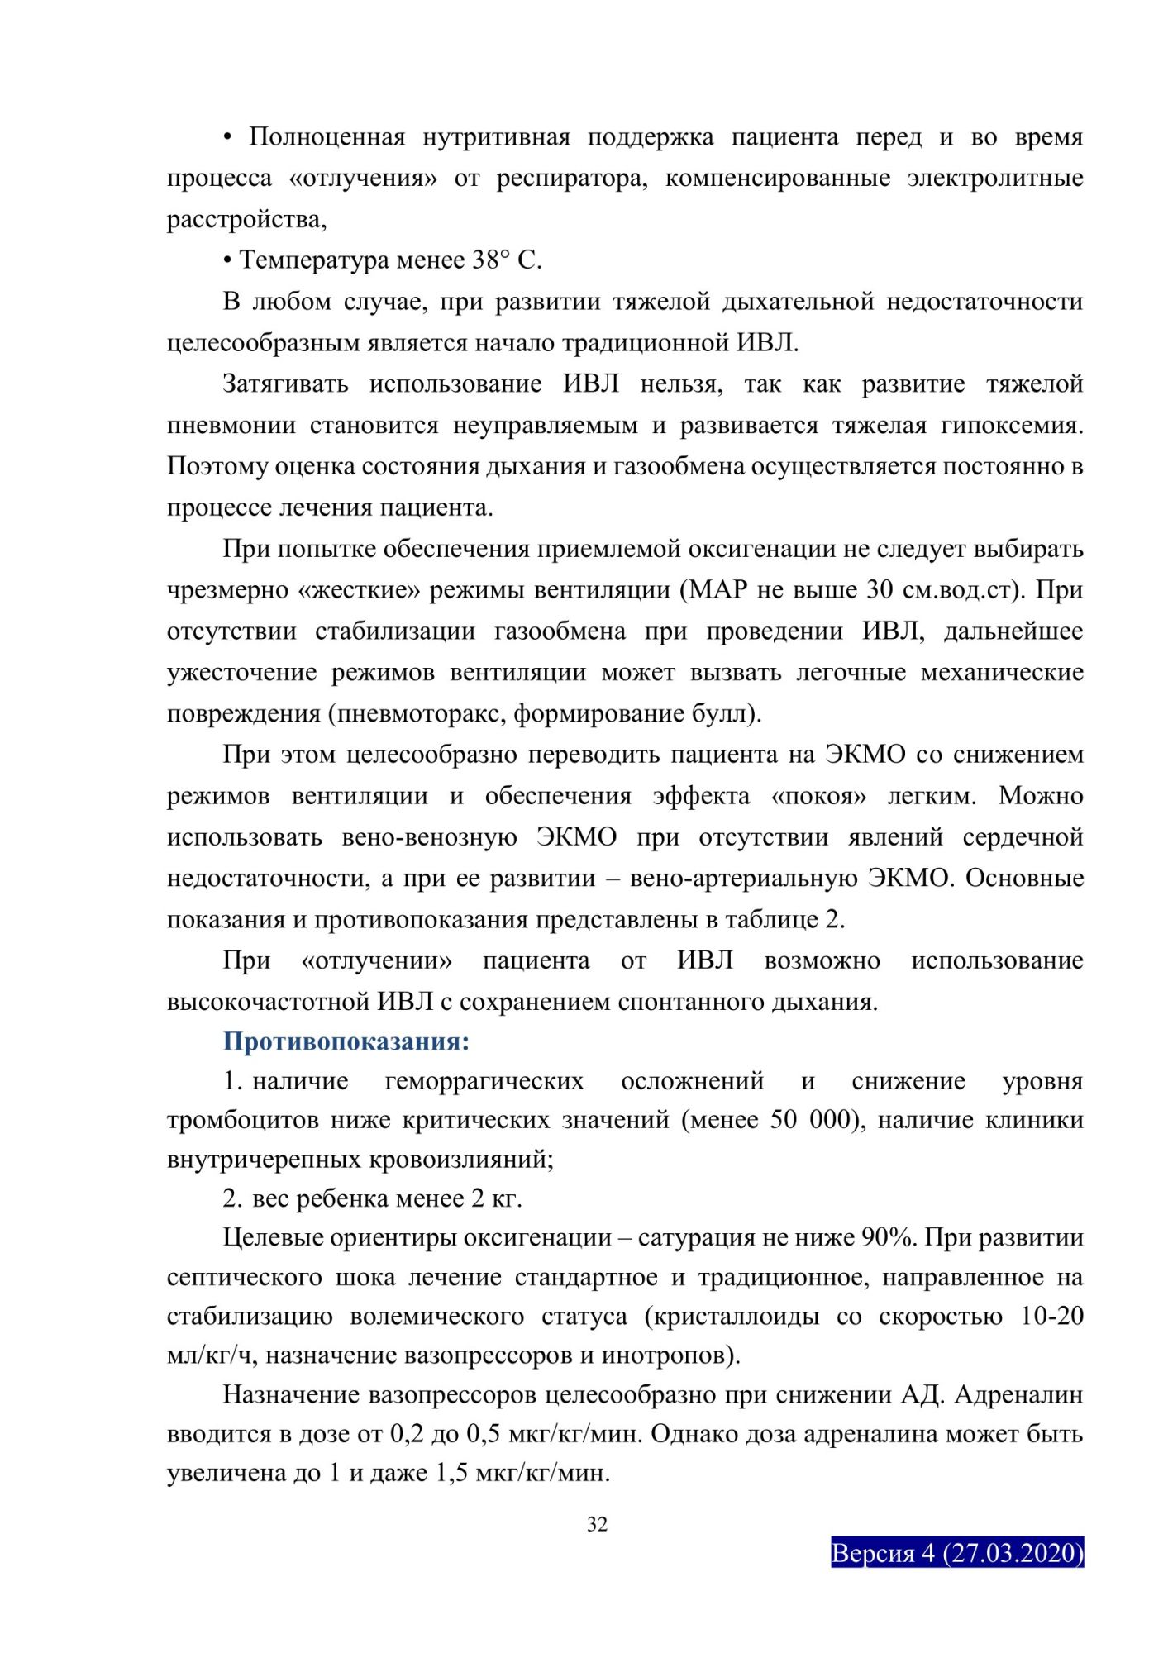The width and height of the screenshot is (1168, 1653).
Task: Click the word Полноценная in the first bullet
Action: pyautogui.click(x=327, y=137)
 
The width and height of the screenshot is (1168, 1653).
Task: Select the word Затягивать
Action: pyautogui.click(x=285, y=384)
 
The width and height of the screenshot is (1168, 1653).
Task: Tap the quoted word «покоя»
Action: pyautogui.click(x=818, y=796)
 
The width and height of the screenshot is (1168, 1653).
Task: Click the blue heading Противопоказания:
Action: pyautogui.click(x=346, y=1041)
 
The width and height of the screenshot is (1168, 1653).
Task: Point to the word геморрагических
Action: pyautogui.click(x=484, y=1081)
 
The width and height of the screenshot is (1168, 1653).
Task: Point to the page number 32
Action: pyautogui.click(x=597, y=1525)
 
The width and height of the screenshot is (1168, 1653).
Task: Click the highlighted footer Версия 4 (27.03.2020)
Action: pyautogui.click(x=957, y=1553)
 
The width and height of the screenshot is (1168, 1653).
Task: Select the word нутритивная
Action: pyautogui.click(x=496, y=137)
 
